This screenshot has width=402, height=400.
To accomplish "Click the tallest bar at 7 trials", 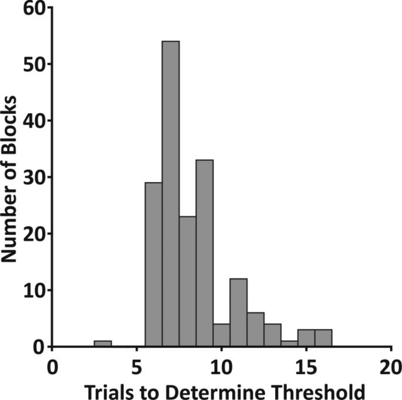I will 171,194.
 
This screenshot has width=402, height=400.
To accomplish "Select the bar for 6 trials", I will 154,264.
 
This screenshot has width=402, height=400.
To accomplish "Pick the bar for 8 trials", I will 188,281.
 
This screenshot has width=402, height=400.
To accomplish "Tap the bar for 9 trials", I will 205,253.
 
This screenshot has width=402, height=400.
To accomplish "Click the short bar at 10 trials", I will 222,335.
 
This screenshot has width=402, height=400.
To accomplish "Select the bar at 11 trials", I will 238,312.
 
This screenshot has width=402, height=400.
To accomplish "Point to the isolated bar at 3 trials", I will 103,344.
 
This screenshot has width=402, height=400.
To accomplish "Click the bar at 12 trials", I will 255,330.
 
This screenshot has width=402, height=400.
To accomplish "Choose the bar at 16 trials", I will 323,338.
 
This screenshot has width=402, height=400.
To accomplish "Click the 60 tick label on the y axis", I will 28,8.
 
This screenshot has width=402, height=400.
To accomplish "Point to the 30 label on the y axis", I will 28,177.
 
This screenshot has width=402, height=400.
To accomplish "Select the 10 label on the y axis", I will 28,290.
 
